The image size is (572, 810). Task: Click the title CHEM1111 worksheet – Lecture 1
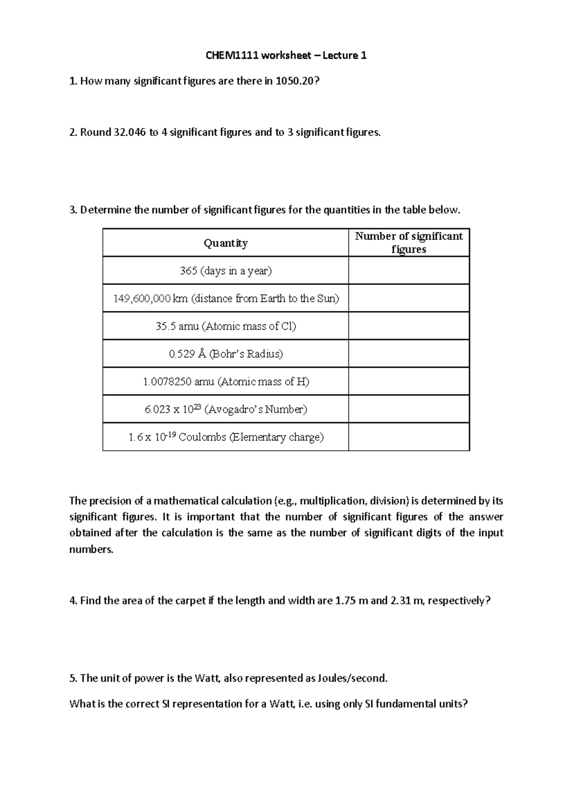tap(286, 55)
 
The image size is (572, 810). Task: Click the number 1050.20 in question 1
tap(295, 81)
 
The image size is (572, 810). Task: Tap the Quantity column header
tap(225, 243)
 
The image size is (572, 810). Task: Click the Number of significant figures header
tap(409, 243)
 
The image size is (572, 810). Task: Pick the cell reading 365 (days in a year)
tap(225, 271)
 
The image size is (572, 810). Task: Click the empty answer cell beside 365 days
tap(409, 271)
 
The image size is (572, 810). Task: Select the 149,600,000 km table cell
tap(225, 299)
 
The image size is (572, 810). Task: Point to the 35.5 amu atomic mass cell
tap(225, 326)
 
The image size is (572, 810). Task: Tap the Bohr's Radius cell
tap(225, 354)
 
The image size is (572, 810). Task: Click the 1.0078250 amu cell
tap(225, 382)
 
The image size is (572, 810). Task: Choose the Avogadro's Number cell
tap(225, 409)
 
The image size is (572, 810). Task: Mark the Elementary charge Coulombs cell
tap(225, 437)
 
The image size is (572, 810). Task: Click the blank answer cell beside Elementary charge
tap(409, 437)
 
